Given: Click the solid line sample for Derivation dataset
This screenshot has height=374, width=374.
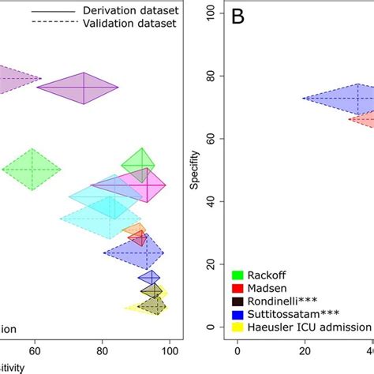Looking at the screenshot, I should (65, 12).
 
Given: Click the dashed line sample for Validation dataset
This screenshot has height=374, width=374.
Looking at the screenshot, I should (65, 24).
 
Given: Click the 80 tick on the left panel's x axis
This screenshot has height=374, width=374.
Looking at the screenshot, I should (102, 352).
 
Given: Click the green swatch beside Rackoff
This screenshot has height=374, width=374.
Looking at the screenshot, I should (237, 275).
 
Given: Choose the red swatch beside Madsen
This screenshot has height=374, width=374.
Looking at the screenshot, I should (237, 288).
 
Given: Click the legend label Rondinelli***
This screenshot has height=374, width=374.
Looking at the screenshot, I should (282, 301).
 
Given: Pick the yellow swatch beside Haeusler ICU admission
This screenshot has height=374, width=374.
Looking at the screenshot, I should (237, 327).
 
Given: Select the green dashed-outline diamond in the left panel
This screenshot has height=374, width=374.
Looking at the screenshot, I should (32, 169).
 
